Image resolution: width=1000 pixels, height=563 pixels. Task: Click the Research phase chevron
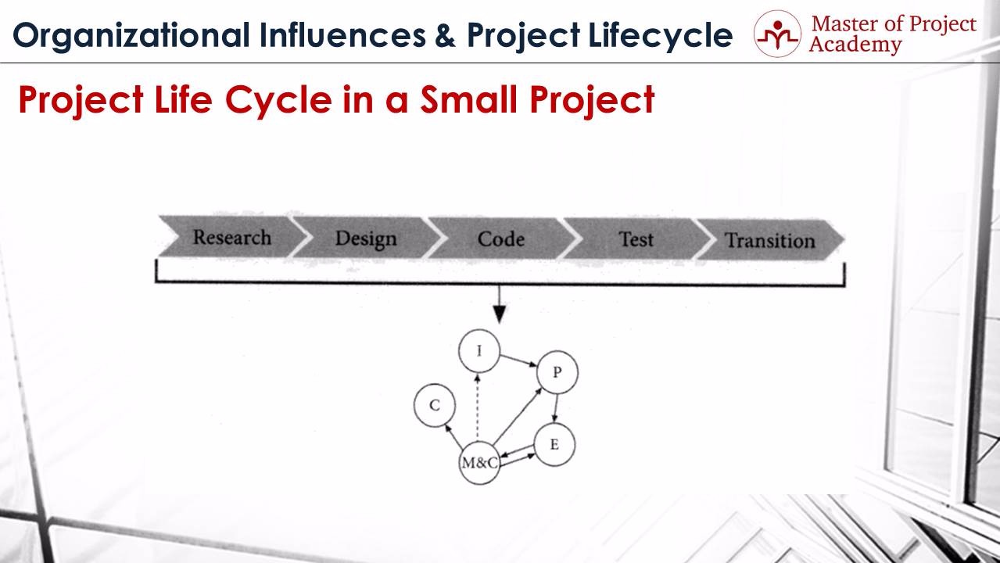point(232,237)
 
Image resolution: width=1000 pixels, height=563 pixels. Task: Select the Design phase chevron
point(366,238)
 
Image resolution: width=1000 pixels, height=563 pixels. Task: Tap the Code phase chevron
point(501,238)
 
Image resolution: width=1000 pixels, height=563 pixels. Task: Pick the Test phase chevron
point(636,239)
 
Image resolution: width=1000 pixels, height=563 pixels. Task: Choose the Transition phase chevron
point(769,240)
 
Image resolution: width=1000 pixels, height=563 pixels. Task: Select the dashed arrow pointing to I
point(477,407)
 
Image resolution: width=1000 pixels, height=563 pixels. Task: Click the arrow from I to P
point(518,360)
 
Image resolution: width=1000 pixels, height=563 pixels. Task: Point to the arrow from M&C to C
point(453,436)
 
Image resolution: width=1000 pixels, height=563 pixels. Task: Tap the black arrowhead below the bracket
point(500,314)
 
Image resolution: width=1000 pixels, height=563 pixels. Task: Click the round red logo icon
point(777,34)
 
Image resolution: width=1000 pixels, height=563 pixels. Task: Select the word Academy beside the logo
point(855,45)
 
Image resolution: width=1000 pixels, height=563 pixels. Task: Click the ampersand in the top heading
point(445,35)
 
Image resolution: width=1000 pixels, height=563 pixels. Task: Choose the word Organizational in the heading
point(131,36)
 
